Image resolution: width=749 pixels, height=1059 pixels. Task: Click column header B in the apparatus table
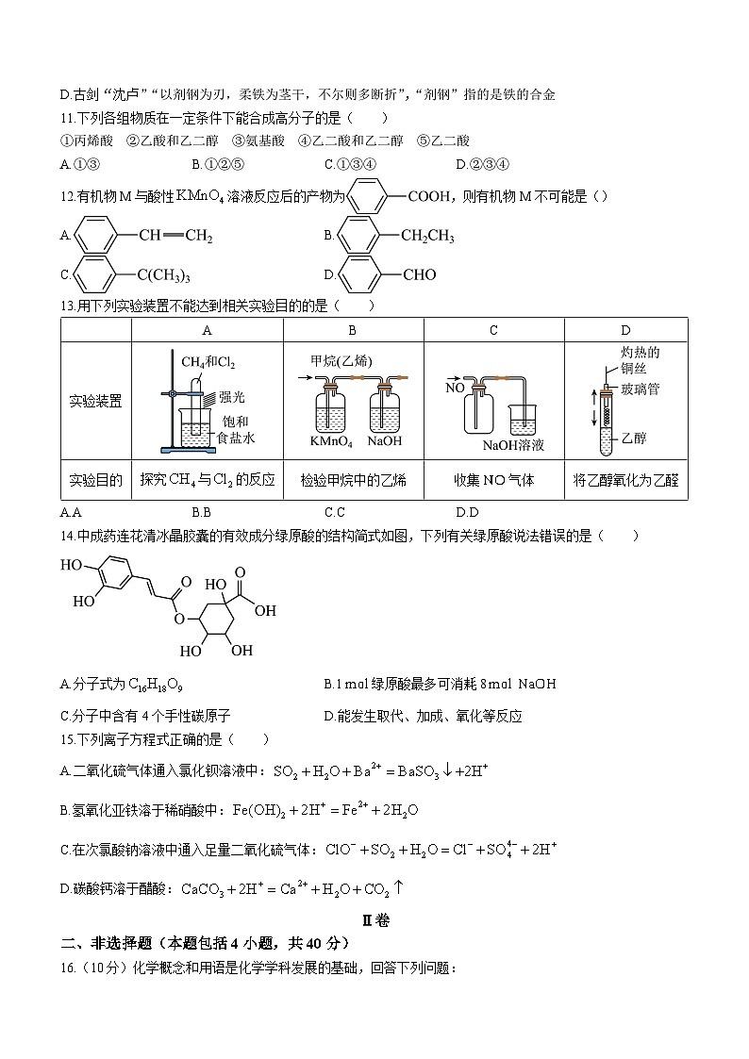coord(352,329)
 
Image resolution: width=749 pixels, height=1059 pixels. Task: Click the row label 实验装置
coord(96,401)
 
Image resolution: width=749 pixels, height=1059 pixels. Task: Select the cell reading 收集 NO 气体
coord(493,480)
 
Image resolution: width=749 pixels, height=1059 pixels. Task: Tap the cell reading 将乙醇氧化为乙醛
coord(625,480)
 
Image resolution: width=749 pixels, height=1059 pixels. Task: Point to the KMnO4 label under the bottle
coord(330,440)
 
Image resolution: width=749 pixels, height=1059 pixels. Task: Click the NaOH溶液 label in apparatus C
coord(514,445)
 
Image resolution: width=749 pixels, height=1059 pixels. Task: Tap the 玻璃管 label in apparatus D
coord(641,389)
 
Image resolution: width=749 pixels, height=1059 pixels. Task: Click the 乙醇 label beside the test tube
coord(635,438)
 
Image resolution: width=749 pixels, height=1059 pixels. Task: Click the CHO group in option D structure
coord(420,275)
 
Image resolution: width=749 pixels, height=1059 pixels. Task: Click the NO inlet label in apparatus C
coord(454,387)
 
